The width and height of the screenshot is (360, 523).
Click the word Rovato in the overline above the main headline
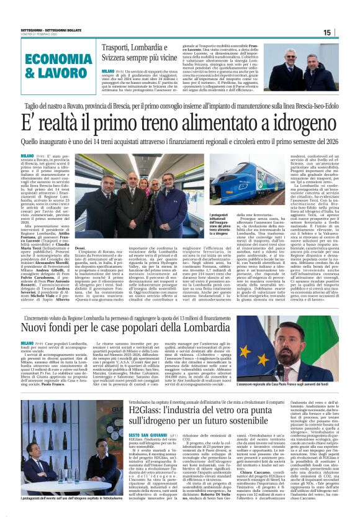(96, 107)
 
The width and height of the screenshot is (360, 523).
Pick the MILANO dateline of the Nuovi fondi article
(27, 343)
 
